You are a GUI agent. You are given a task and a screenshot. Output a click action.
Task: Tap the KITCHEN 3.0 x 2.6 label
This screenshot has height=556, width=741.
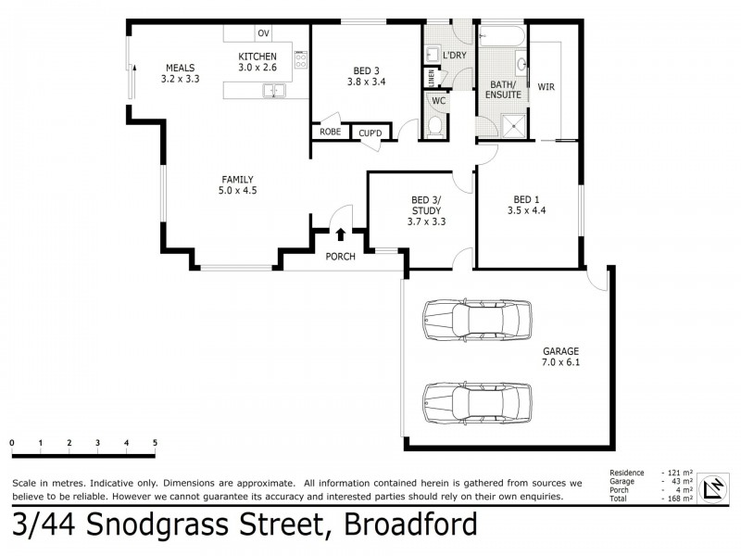257,62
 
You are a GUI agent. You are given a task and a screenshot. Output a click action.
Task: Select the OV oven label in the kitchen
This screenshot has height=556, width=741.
264,33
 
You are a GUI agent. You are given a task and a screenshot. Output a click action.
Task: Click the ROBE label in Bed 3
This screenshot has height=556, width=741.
330,133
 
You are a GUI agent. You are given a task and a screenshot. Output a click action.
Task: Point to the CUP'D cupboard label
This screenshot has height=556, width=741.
370,134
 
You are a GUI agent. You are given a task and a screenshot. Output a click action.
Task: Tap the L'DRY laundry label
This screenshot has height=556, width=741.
455,56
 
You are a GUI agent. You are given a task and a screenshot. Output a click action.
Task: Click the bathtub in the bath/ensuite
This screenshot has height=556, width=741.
501,38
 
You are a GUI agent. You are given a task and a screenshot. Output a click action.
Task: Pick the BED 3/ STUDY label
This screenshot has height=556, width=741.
426,210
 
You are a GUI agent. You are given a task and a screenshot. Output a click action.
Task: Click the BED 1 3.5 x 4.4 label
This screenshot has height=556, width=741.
527,205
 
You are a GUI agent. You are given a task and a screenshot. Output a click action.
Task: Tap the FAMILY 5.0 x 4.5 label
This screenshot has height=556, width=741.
237,185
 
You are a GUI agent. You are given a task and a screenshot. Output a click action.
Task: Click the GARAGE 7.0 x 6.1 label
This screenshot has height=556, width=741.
561,358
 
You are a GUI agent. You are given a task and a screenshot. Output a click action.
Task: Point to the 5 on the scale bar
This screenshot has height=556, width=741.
155,443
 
